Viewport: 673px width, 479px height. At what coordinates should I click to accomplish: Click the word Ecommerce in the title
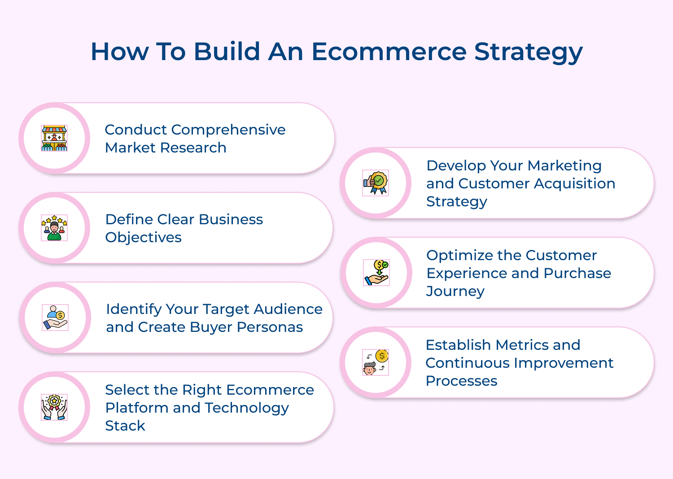coord(389,52)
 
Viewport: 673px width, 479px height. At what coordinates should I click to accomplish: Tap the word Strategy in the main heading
coord(528,52)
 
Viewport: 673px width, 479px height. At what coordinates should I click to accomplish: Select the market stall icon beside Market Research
coord(54,138)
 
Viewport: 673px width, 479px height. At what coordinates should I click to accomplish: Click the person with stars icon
coord(54,228)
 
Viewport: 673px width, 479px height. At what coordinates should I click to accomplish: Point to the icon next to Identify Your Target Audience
coord(55,318)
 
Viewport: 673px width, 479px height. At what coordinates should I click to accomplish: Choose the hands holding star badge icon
coord(54,407)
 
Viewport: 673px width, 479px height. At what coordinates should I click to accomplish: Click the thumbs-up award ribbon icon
coord(376,183)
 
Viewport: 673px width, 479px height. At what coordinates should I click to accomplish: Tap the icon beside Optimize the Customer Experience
coord(376,273)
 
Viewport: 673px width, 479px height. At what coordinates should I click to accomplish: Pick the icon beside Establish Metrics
coord(376,362)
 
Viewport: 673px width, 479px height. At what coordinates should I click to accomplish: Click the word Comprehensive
coord(228,130)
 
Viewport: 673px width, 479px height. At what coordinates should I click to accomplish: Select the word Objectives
coord(143,238)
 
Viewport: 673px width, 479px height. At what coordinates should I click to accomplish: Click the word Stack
coord(125,426)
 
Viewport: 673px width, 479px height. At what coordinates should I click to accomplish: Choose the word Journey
coord(455,292)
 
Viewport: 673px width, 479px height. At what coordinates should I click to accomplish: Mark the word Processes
coord(461,381)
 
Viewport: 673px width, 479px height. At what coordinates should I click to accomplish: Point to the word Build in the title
coord(227,52)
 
